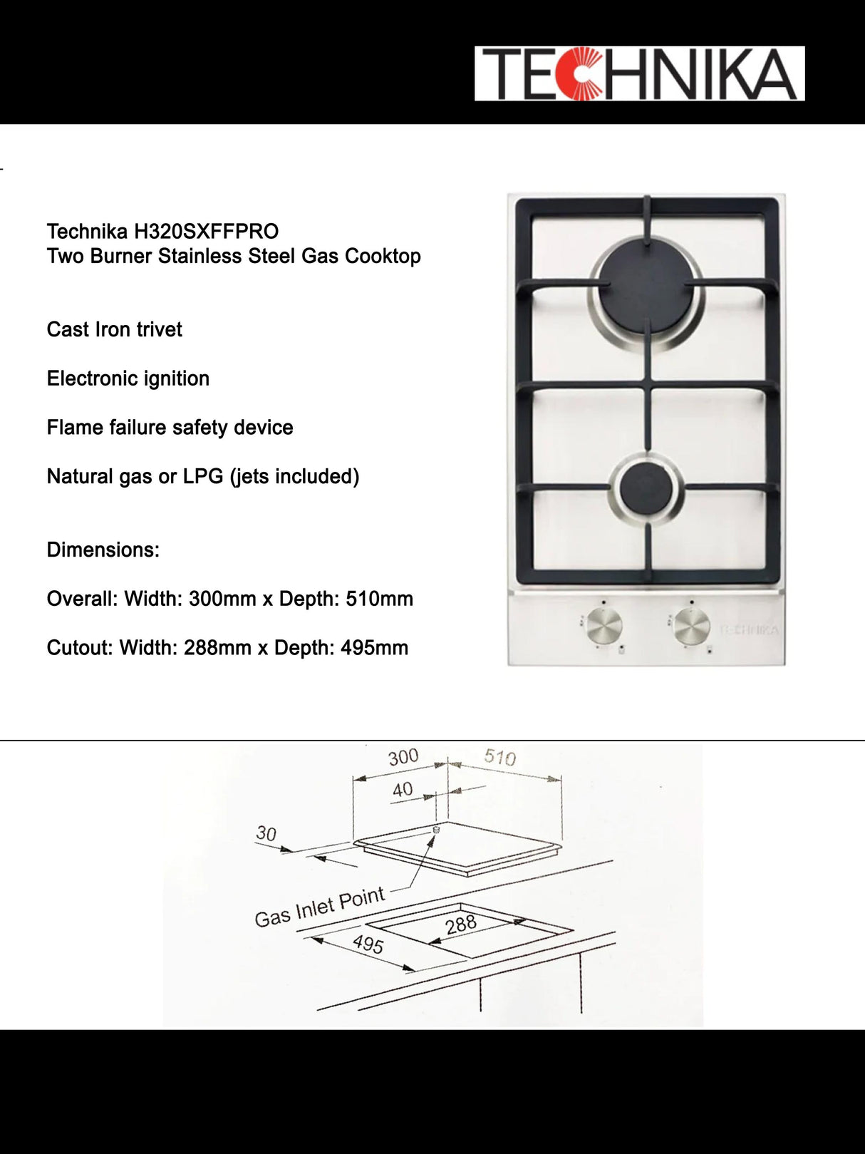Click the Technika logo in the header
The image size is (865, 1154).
pyautogui.click(x=639, y=73)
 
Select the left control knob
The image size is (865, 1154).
pyautogui.click(x=605, y=627)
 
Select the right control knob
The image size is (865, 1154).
pyautogui.click(x=692, y=627)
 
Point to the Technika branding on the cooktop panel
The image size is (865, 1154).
pyautogui.click(x=749, y=630)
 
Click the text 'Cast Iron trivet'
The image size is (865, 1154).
pyautogui.click(x=114, y=329)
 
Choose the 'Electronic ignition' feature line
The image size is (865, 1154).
pyautogui.click(x=128, y=378)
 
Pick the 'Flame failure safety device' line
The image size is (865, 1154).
pyautogui.click(x=170, y=428)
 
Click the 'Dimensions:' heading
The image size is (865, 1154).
pyautogui.click(x=103, y=550)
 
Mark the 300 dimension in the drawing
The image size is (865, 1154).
pyautogui.click(x=403, y=757)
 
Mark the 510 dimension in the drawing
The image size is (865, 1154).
pyautogui.click(x=499, y=757)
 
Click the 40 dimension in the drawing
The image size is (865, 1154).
pyautogui.click(x=403, y=790)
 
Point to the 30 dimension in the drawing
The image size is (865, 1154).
pyautogui.click(x=266, y=833)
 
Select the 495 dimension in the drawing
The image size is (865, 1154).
pyautogui.click(x=368, y=944)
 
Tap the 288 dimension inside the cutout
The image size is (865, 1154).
pyautogui.click(x=460, y=924)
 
